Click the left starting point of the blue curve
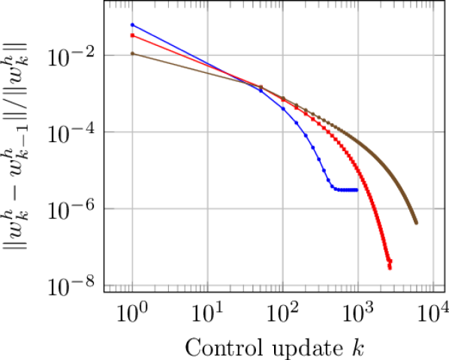(132, 25)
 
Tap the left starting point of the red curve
(132, 35)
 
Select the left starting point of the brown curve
(132, 53)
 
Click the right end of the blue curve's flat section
(356, 190)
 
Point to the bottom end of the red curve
(390, 267)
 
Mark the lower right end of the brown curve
(416, 222)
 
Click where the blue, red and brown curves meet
(260, 86)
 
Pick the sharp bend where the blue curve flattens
(331, 186)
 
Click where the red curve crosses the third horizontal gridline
(373, 209)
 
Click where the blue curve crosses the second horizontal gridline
(305, 132)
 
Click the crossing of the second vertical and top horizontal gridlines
(207, 54)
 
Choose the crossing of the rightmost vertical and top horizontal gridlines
(433, 54)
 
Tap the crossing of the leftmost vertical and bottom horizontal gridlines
(132, 286)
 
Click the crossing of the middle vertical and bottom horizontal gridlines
(282, 286)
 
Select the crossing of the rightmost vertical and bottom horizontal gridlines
(433, 286)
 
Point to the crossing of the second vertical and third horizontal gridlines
(207, 209)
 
